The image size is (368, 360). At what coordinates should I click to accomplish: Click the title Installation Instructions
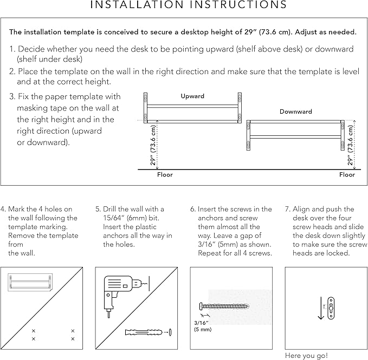tap(188, 5)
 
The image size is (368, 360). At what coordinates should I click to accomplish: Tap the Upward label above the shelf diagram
tap(192, 96)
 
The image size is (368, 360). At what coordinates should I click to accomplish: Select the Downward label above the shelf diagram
tap(295, 112)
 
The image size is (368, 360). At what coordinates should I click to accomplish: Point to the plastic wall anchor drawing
tap(142, 331)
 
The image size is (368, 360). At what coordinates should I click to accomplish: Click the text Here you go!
tap(306, 356)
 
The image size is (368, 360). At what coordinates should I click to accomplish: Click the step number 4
tap(3, 209)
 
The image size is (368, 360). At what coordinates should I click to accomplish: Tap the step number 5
tap(98, 209)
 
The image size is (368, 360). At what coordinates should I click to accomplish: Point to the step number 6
tap(193, 209)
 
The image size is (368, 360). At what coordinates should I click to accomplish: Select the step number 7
tap(288, 209)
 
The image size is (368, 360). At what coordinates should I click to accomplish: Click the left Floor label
tap(165, 175)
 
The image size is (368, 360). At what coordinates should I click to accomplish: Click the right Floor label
tap(347, 175)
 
